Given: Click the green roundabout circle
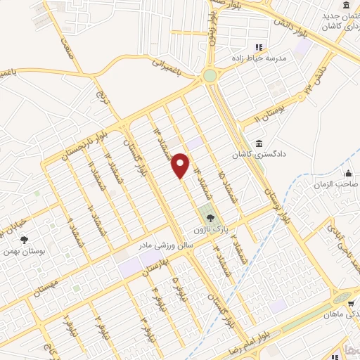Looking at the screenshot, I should click(210, 76).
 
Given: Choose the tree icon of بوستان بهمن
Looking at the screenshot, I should click(25, 240).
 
